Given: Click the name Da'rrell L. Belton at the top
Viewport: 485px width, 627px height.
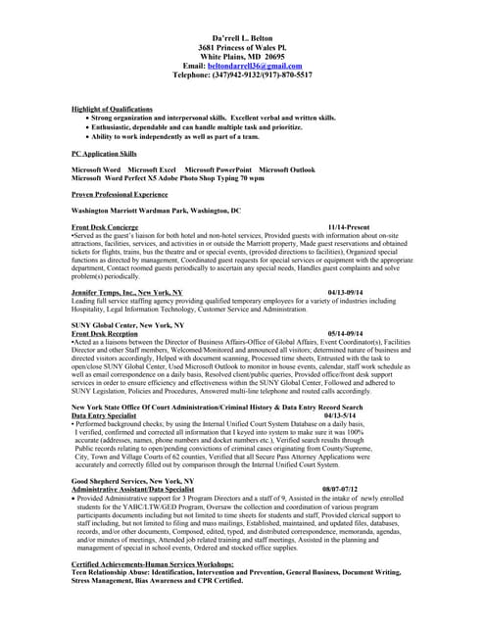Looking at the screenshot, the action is click(x=242, y=35).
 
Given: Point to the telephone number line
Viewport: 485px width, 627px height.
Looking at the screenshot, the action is click(x=242, y=74).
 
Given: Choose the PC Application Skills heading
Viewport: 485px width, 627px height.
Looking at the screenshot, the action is click(x=105, y=154).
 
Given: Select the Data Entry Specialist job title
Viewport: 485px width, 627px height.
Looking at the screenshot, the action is click(x=104, y=414).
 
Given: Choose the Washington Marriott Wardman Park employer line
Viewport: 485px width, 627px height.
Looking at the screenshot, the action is click(x=156, y=210).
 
